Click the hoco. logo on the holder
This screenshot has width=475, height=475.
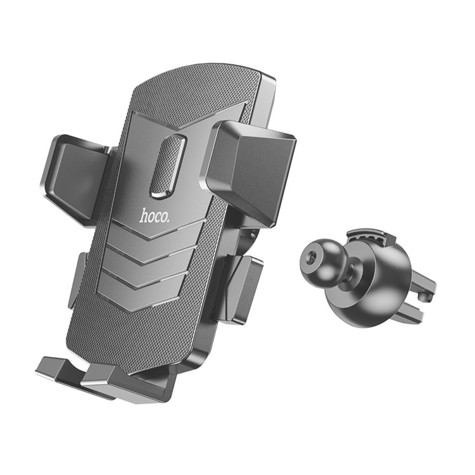(x=154, y=215)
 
